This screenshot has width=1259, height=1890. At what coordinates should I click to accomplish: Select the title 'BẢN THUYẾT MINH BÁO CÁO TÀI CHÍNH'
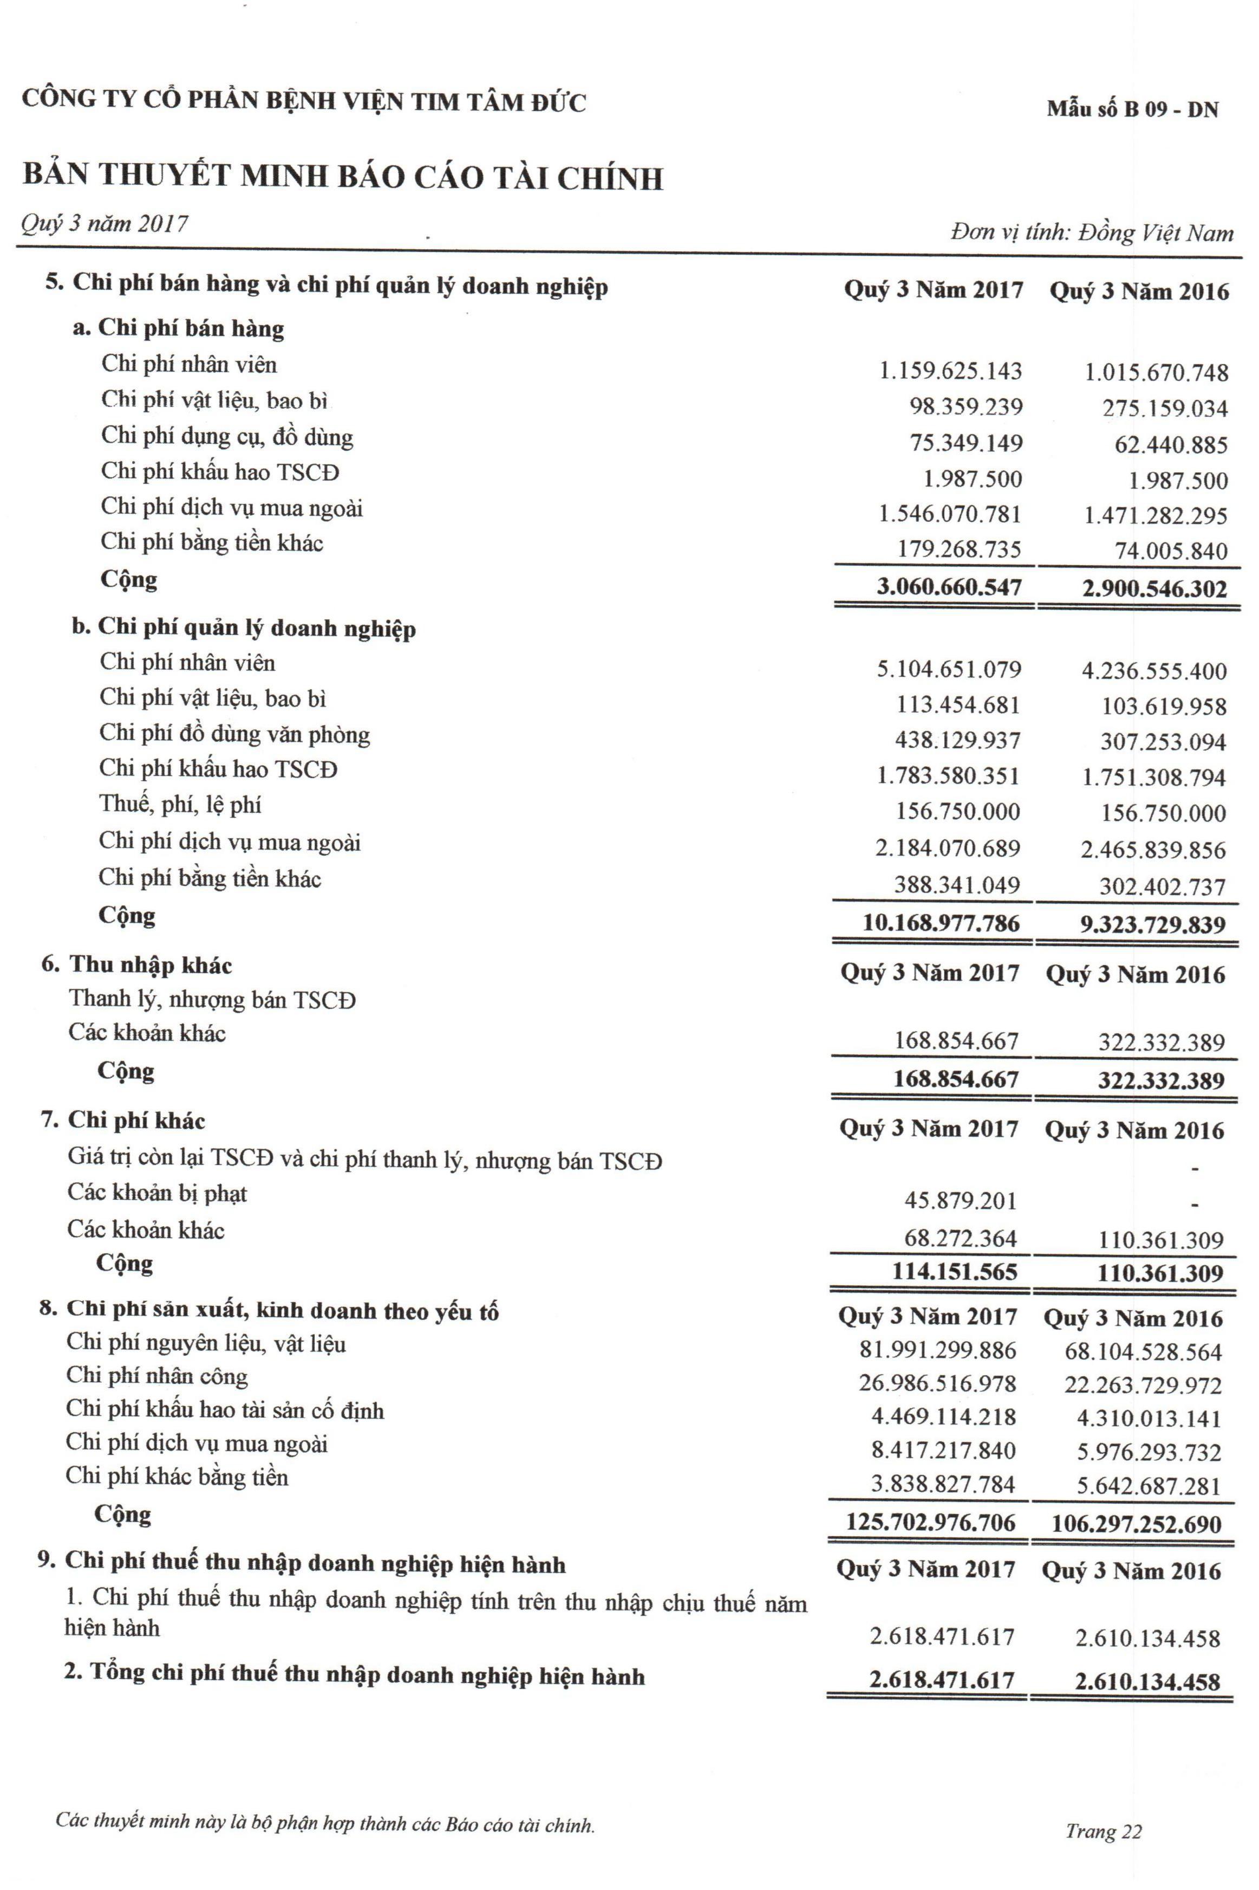tap(343, 177)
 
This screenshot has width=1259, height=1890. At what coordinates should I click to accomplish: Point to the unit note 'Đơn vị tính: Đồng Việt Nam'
tap(1092, 233)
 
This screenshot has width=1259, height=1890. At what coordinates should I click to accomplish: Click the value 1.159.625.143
tap(951, 371)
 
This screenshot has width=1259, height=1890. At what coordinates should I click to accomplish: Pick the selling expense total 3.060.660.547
tap(949, 587)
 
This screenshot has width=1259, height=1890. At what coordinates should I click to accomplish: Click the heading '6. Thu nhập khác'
tap(136, 965)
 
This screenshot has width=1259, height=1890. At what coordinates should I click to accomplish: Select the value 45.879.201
tap(960, 1201)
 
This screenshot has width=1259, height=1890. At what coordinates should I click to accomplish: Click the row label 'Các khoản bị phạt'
tap(158, 1194)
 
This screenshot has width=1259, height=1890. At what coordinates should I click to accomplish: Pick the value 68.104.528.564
tap(1143, 1352)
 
